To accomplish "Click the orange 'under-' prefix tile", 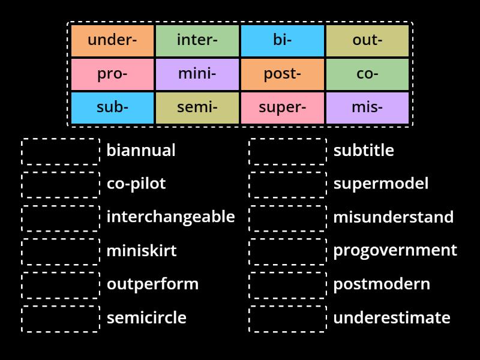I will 112,41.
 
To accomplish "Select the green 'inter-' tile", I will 197,41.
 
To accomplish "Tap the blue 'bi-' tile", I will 282,41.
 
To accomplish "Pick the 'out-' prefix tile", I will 367,41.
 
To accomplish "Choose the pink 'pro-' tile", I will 112,74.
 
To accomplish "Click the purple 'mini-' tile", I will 197,74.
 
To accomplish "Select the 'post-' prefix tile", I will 282,74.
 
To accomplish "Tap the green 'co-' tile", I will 367,74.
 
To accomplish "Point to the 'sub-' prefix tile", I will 112,108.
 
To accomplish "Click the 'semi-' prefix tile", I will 197,108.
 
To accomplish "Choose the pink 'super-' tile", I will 282,108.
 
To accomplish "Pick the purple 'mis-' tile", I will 367,108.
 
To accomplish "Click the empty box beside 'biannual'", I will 61,151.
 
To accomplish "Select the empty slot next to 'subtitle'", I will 288,151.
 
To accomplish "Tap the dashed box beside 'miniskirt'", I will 61,251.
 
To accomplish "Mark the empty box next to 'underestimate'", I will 288,319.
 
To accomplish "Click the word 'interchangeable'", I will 170,217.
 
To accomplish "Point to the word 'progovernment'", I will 395,250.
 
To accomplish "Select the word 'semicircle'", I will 146,317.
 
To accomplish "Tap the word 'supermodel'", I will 381,183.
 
